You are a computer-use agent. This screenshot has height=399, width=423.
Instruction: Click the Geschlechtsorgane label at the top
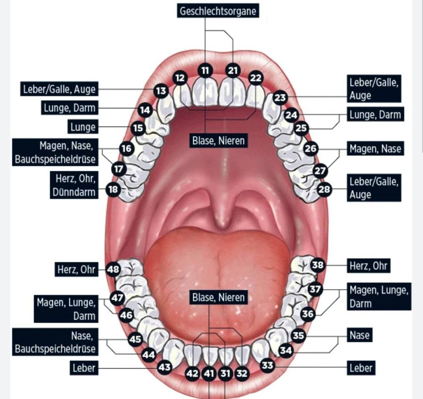(218, 11)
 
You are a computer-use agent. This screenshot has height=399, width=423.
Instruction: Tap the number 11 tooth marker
(205, 70)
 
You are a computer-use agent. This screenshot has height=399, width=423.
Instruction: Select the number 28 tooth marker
(324, 189)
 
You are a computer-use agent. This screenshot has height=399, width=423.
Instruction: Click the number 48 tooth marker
(113, 269)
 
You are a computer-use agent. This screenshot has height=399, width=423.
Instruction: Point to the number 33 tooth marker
(267, 365)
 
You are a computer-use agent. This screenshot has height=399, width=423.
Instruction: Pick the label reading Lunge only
(83, 127)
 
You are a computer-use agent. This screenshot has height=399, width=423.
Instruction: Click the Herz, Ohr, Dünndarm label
(74, 185)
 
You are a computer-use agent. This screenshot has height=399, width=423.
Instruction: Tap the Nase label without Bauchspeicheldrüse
(359, 335)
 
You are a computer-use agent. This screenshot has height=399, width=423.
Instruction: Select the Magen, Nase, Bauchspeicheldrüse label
(55, 152)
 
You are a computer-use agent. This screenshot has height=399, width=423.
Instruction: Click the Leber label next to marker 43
(84, 368)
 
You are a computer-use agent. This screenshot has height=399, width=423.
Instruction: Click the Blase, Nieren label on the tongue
(218, 297)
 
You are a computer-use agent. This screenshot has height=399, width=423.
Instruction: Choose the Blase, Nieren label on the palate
(218, 141)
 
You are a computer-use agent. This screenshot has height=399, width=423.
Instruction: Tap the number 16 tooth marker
(126, 149)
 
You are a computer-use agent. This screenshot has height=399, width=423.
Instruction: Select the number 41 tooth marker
(209, 374)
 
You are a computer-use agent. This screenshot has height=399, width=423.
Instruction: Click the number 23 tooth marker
(280, 98)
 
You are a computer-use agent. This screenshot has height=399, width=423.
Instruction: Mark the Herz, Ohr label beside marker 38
(368, 266)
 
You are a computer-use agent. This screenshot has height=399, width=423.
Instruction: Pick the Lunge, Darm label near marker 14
(69, 108)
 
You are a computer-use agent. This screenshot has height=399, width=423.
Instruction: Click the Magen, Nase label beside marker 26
(375, 149)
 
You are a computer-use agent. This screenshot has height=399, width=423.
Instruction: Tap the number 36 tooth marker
(308, 313)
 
